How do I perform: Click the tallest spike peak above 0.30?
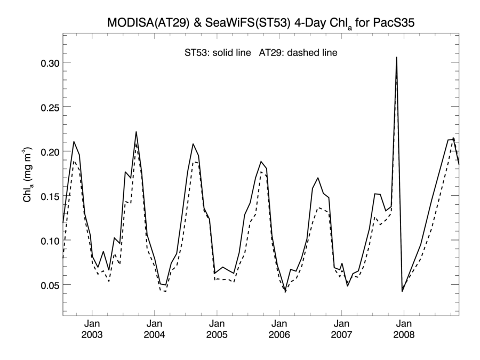(x=396, y=57)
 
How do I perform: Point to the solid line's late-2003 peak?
(x=136, y=132)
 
